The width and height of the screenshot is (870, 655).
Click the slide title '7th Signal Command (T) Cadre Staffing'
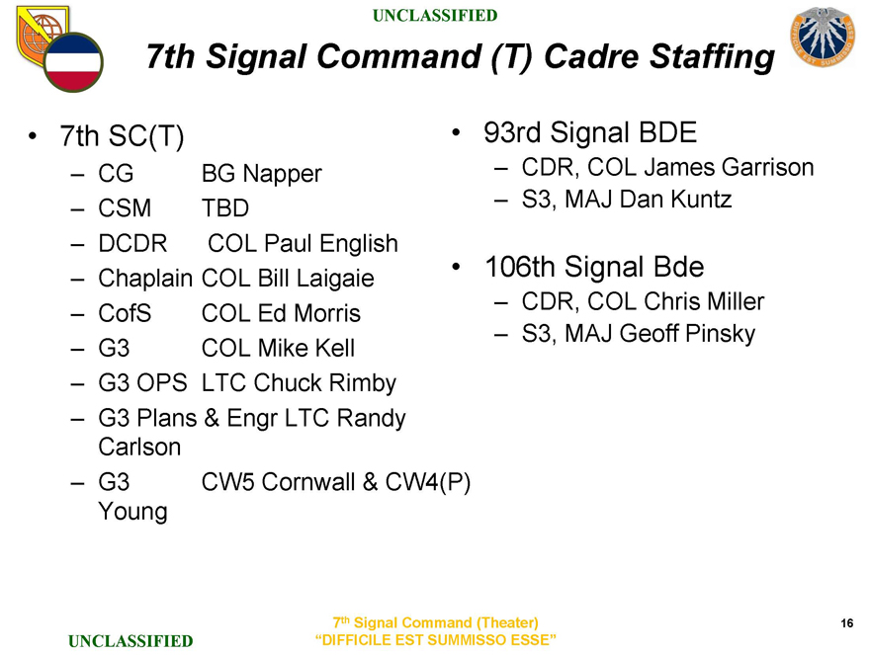pyautogui.click(x=460, y=57)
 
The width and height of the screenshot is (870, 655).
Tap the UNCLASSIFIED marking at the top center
pyautogui.click(x=435, y=15)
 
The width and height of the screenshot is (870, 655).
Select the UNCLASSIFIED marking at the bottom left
pyautogui.click(x=130, y=642)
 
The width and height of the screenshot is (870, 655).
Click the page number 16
pyautogui.click(x=846, y=622)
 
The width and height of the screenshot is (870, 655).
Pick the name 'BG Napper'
pyautogui.click(x=261, y=175)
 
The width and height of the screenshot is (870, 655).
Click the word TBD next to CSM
pyautogui.click(x=224, y=209)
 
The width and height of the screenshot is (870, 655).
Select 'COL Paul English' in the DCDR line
pyautogui.click(x=304, y=244)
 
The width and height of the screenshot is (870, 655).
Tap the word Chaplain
pyautogui.click(x=145, y=279)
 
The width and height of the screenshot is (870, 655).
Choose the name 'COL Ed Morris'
pyautogui.click(x=280, y=314)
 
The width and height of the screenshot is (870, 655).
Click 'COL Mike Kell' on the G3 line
pyautogui.click(x=277, y=349)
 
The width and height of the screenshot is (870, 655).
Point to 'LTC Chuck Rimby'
pyautogui.click(x=298, y=383)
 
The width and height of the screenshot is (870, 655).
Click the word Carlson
pyautogui.click(x=139, y=447)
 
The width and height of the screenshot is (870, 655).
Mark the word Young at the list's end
pyautogui.click(x=132, y=512)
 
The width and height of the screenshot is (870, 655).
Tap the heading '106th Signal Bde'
pyautogui.click(x=593, y=267)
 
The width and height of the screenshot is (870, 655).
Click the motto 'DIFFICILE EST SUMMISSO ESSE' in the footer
pyautogui.click(x=435, y=640)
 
